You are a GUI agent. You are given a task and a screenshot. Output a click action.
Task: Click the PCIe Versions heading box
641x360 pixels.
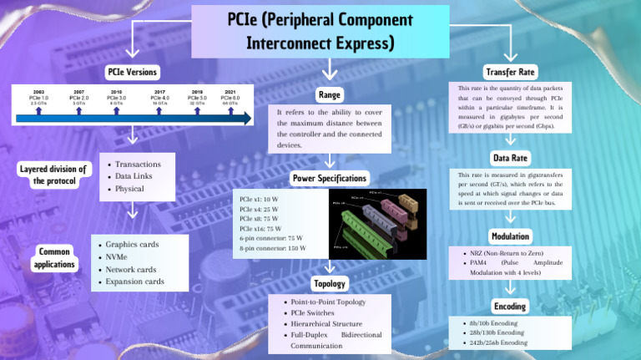tap(132, 73)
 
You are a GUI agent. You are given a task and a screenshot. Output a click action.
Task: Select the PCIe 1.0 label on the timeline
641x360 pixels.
tap(39, 98)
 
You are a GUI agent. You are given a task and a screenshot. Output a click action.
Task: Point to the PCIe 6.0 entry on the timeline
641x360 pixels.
tap(230, 98)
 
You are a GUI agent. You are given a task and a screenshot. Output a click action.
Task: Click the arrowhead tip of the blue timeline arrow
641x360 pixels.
tap(248, 119)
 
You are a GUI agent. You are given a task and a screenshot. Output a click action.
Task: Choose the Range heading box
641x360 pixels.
tap(329, 94)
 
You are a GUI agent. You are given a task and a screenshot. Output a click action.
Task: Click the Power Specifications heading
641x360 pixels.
tap(329, 178)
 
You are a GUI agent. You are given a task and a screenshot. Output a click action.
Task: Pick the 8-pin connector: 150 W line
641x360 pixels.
tap(272, 247)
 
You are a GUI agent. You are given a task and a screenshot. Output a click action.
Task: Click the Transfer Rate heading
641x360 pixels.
tap(510, 72)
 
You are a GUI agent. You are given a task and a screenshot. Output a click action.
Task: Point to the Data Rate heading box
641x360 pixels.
tap(510, 157)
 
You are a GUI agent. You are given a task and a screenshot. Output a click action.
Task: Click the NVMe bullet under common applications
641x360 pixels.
tap(116, 257)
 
